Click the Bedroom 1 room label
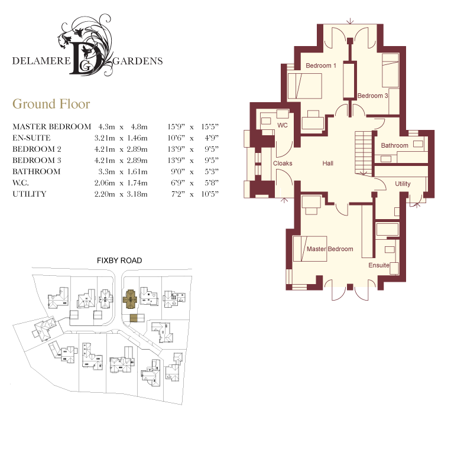click(x=321, y=66)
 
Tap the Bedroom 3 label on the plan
click(x=372, y=96)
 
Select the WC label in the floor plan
click(x=283, y=125)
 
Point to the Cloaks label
click(x=283, y=163)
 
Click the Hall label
click(x=328, y=163)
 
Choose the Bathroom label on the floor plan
click(x=394, y=145)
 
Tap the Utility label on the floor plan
click(x=403, y=184)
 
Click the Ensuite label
click(x=379, y=265)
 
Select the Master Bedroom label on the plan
click(x=330, y=249)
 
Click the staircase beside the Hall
click(x=364, y=153)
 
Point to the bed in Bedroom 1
click(x=305, y=86)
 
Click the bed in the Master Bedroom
click(x=310, y=249)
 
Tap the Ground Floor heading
click(x=51, y=104)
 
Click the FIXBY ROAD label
click(x=119, y=260)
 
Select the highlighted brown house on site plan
click(x=131, y=299)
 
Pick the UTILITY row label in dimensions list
click(x=30, y=194)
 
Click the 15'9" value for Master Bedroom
click(x=176, y=126)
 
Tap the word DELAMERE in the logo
click(x=41, y=61)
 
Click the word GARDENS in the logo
click(x=138, y=61)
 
